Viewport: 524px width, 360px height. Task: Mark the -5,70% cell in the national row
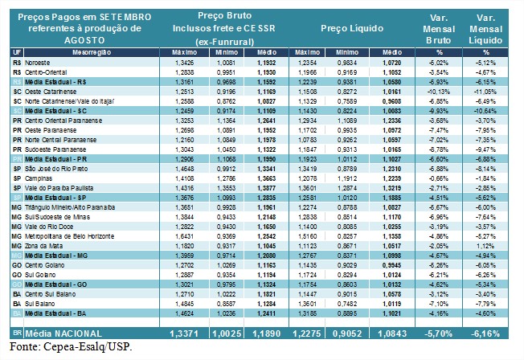click(x=440, y=332)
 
